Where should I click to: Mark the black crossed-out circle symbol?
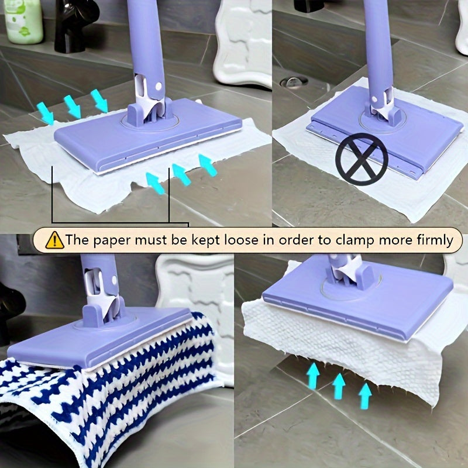click(x=361, y=159)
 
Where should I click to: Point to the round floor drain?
click(x=294, y=82)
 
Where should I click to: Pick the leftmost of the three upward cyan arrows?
click(x=314, y=375)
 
